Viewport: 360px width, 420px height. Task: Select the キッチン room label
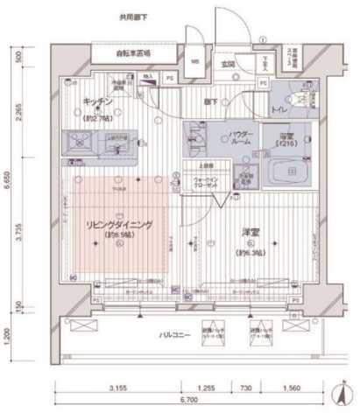[96, 102]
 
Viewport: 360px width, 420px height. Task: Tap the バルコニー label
[176, 335]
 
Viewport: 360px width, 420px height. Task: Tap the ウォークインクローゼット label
[207, 182]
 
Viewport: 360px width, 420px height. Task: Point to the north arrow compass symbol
[341, 392]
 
